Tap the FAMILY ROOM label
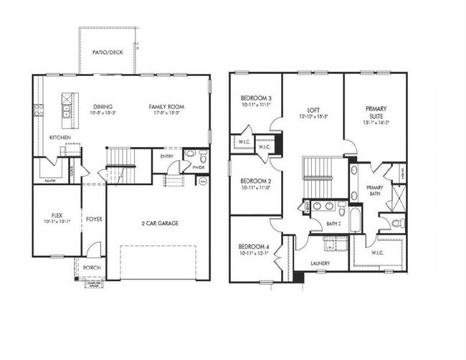point(168,107)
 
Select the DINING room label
point(103,107)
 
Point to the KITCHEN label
point(60,137)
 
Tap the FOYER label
point(94,218)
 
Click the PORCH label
point(92,268)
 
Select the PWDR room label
point(198,167)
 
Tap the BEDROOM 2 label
point(255,181)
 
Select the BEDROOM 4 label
point(255,247)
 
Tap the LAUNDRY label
point(320,263)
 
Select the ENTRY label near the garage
point(167,156)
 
